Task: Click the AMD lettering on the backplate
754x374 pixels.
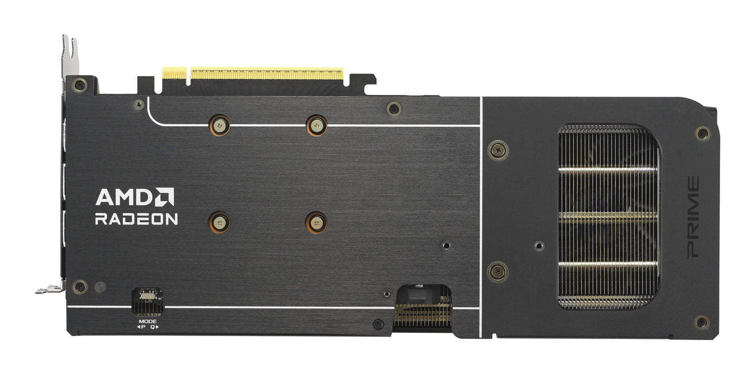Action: tap(124, 197)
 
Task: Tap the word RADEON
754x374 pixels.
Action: tap(136, 219)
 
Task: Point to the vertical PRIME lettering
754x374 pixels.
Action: tap(693, 216)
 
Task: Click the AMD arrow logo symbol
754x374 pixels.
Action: tap(165, 197)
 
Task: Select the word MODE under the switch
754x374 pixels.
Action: tap(148, 321)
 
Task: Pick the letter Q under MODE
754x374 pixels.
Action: tap(152, 327)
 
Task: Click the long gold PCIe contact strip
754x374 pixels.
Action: tap(267, 74)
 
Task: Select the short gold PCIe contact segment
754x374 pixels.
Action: tap(174, 73)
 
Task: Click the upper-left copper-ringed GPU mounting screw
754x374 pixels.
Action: tap(219, 125)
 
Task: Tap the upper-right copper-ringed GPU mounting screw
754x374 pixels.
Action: tap(316, 125)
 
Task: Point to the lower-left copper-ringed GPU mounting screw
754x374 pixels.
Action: tap(219, 222)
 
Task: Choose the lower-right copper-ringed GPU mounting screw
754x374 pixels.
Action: tap(316, 222)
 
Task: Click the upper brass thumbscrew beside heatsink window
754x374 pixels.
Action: tap(498, 150)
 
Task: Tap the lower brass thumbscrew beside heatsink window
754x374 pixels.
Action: tap(498, 271)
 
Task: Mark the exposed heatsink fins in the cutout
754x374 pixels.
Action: tap(608, 216)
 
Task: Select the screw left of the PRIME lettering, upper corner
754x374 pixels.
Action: tap(703, 134)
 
